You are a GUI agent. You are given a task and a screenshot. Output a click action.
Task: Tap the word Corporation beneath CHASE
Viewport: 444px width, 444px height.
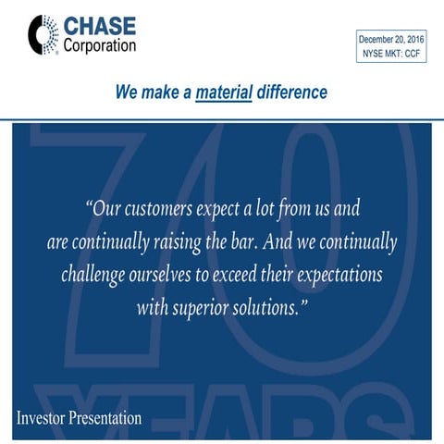(x=100, y=44)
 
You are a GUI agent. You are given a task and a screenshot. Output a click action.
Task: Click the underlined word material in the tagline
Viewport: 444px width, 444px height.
(x=224, y=92)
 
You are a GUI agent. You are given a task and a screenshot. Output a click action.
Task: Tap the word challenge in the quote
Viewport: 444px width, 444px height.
(x=100, y=275)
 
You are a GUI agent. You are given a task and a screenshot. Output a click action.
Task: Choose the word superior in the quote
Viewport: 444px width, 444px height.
(x=208, y=307)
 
